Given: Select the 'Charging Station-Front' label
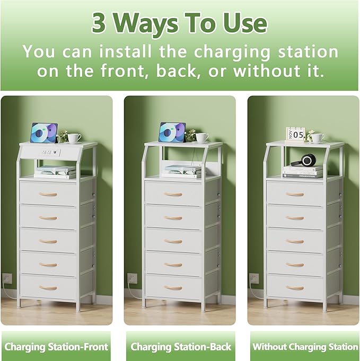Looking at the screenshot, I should coord(56,347).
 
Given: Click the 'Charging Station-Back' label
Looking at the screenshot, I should coord(181,347).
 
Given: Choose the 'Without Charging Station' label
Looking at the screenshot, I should coord(305,347).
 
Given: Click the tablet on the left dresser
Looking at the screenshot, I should coord(44,133).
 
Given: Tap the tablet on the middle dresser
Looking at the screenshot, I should coord(172,132).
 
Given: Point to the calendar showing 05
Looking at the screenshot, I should coord(295,134).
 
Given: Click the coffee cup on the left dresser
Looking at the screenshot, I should coord(74,138).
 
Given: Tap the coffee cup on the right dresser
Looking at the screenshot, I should coord(318,138).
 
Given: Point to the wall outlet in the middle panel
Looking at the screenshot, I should coord(131,278).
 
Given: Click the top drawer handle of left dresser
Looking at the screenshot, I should coord(48,194).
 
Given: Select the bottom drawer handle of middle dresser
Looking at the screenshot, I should coord(173,287).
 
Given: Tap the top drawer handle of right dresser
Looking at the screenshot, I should coord(295,194).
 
